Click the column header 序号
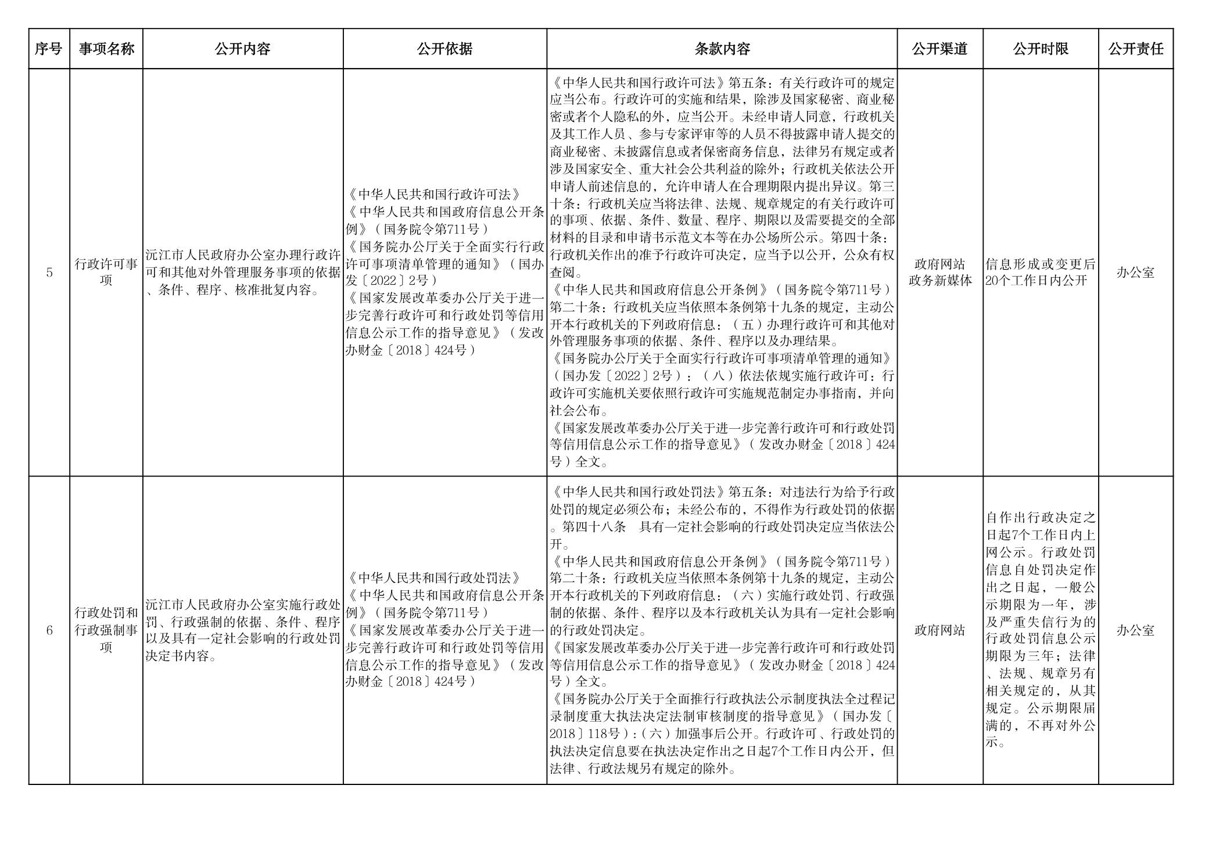(49, 49)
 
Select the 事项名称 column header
(106, 49)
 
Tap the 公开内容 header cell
(242, 49)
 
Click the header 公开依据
(444, 49)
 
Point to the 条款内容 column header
(722, 49)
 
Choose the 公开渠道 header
(939, 49)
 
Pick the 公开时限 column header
(1040, 49)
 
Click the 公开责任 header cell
(1135, 49)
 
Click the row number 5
(49, 273)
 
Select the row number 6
(49, 630)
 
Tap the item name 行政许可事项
(106, 272)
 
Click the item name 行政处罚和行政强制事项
(106, 630)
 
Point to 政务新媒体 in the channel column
(939, 281)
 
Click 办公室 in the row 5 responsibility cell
(1135, 273)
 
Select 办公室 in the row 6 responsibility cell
(1135, 630)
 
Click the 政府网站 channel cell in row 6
(939, 630)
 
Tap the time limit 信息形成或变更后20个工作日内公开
(1040, 273)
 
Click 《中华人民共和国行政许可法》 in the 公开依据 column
(434, 195)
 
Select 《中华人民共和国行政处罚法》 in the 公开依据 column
(434, 578)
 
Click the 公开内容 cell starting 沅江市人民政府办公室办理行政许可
(242, 273)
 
